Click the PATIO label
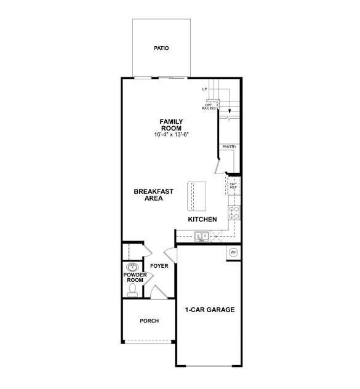point(162,48)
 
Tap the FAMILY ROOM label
point(171,125)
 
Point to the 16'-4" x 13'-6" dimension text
point(171,134)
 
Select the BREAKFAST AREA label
point(153,194)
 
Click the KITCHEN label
point(202,219)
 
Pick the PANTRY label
point(230,146)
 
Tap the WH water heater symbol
point(234,252)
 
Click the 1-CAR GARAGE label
point(210,310)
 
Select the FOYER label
point(159,266)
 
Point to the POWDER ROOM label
point(134,277)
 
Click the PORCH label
point(149,321)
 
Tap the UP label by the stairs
point(204,90)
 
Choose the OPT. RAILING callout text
point(209,106)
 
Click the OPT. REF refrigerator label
point(234,185)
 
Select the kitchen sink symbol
point(201,235)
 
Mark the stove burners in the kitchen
point(234,212)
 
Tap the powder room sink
point(132,267)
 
